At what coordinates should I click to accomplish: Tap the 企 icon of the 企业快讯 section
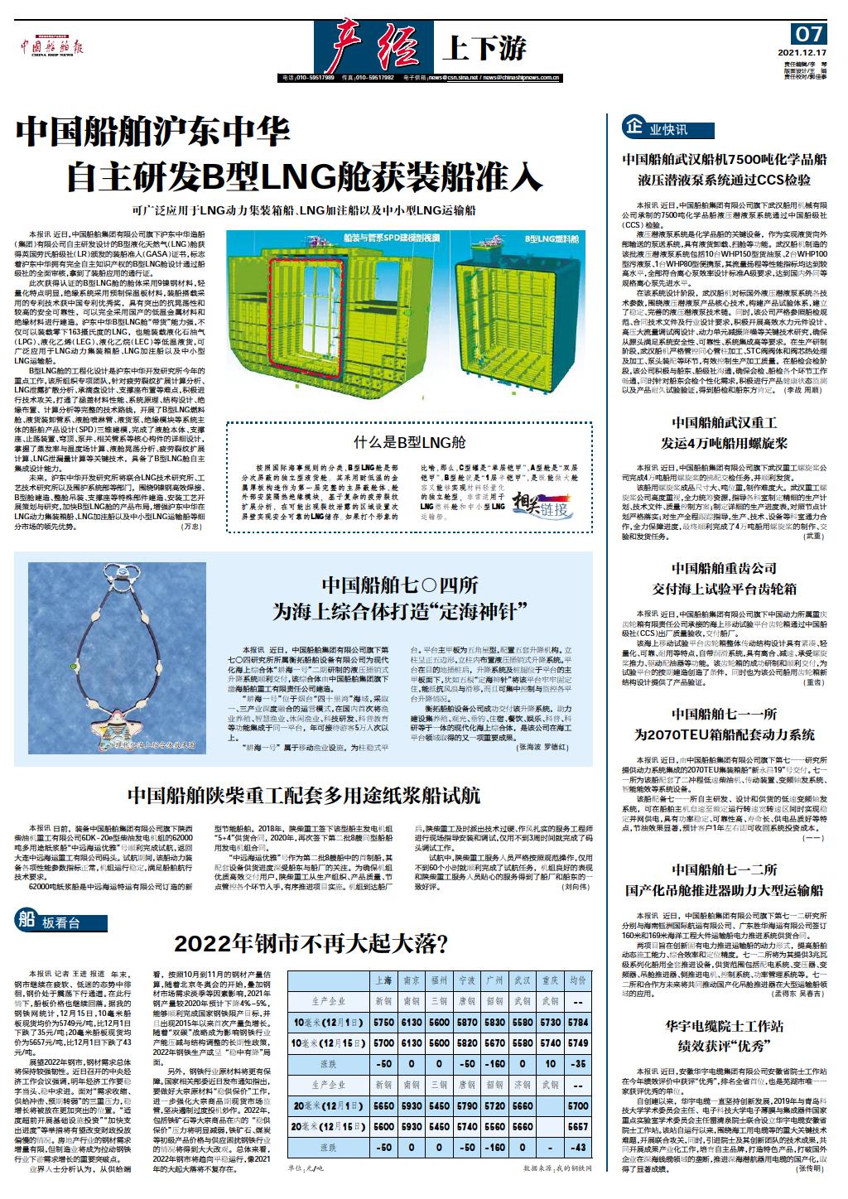pyautogui.click(x=634, y=128)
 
